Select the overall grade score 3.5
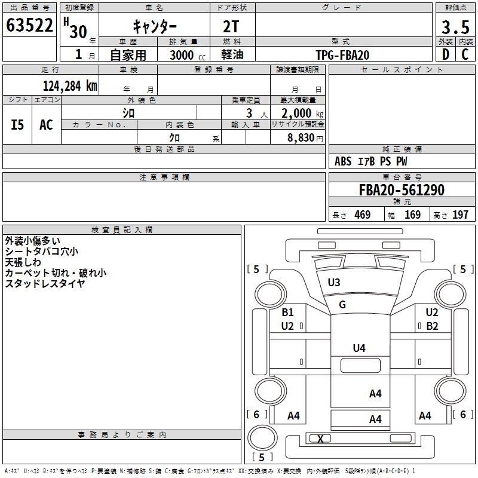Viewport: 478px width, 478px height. pyautogui.click(x=455, y=27)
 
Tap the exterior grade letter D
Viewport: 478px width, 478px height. pyautogui.click(x=445, y=54)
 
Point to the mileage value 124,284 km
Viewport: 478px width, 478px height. pyautogui.click(x=69, y=85)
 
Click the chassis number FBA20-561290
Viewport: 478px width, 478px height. pyautogui.click(x=402, y=190)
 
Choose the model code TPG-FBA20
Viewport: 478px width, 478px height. pyautogui.click(x=342, y=55)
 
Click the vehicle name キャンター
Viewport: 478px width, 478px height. pyautogui.click(x=155, y=27)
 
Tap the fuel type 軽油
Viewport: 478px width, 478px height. pyautogui.click(x=232, y=55)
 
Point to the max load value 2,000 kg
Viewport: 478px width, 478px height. pyautogui.click(x=298, y=113)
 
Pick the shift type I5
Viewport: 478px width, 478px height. pyautogui.click(x=18, y=124)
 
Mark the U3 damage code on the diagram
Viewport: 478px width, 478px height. pyautogui.click(x=334, y=282)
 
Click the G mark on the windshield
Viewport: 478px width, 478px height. pyautogui.click(x=342, y=305)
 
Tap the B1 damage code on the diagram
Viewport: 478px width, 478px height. pyautogui.click(x=288, y=312)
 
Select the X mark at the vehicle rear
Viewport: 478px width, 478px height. pyautogui.click(x=321, y=439)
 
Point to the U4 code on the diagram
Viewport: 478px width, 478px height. pyautogui.click(x=358, y=348)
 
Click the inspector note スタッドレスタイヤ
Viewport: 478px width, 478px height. pyautogui.click(x=45, y=284)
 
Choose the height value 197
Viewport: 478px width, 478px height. pyautogui.click(x=460, y=215)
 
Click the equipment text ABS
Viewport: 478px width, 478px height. pyautogui.click(x=343, y=161)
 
